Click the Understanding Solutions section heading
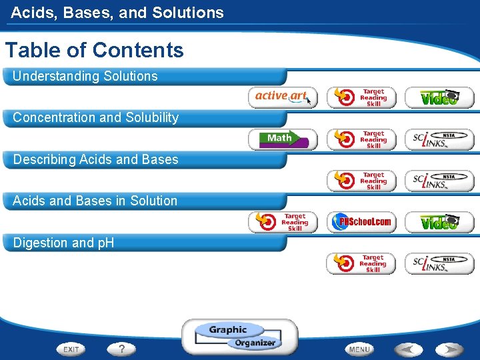(x=85, y=76)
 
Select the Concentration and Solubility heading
(x=96, y=117)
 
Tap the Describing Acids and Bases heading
(x=96, y=159)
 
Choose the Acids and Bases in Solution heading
(x=95, y=201)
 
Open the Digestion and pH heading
(x=63, y=243)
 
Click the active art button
(x=283, y=97)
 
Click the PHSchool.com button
(x=361, y=222)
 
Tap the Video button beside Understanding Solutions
(x=439, y=97)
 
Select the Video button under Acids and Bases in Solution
(x=439, y=222)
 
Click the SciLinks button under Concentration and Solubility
(x=439, y=139)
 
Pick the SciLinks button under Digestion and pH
(x=439, y=263)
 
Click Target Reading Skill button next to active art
(x=361, y=97)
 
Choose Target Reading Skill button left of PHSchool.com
(x=283, y=222)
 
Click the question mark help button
(x=122, y=349)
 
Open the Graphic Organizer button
(x=240, y=336)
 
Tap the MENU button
(x=360, y=349)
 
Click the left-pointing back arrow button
(x=407, y=349)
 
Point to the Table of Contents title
(x=94, y=50)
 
